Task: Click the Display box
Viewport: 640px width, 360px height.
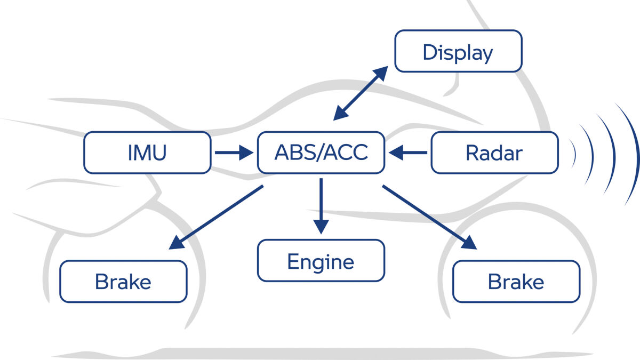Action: click(458, 51)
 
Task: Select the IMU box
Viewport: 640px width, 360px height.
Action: click(147, 153)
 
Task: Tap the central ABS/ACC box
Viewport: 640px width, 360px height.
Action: click(321, 153)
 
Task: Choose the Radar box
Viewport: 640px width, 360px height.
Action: click(494, 153)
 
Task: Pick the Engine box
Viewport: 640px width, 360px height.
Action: click(321, 261)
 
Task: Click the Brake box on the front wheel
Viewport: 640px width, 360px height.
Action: click(516, 282)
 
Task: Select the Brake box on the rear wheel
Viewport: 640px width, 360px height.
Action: click(123, 282)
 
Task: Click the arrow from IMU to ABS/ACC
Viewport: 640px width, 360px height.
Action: click(234, 153)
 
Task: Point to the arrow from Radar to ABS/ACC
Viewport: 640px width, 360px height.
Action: click(408, 153)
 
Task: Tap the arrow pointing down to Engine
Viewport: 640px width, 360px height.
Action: click(321, 206)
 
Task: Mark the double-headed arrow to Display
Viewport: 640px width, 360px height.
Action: click(361, 93)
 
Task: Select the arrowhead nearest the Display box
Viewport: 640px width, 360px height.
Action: click(381, 73)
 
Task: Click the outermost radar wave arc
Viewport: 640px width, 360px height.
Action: click(632, 154)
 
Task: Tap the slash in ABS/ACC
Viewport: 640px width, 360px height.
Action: click(323, 153)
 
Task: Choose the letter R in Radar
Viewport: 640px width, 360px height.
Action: click(473, 153)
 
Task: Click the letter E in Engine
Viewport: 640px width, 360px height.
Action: click(293, 261)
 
